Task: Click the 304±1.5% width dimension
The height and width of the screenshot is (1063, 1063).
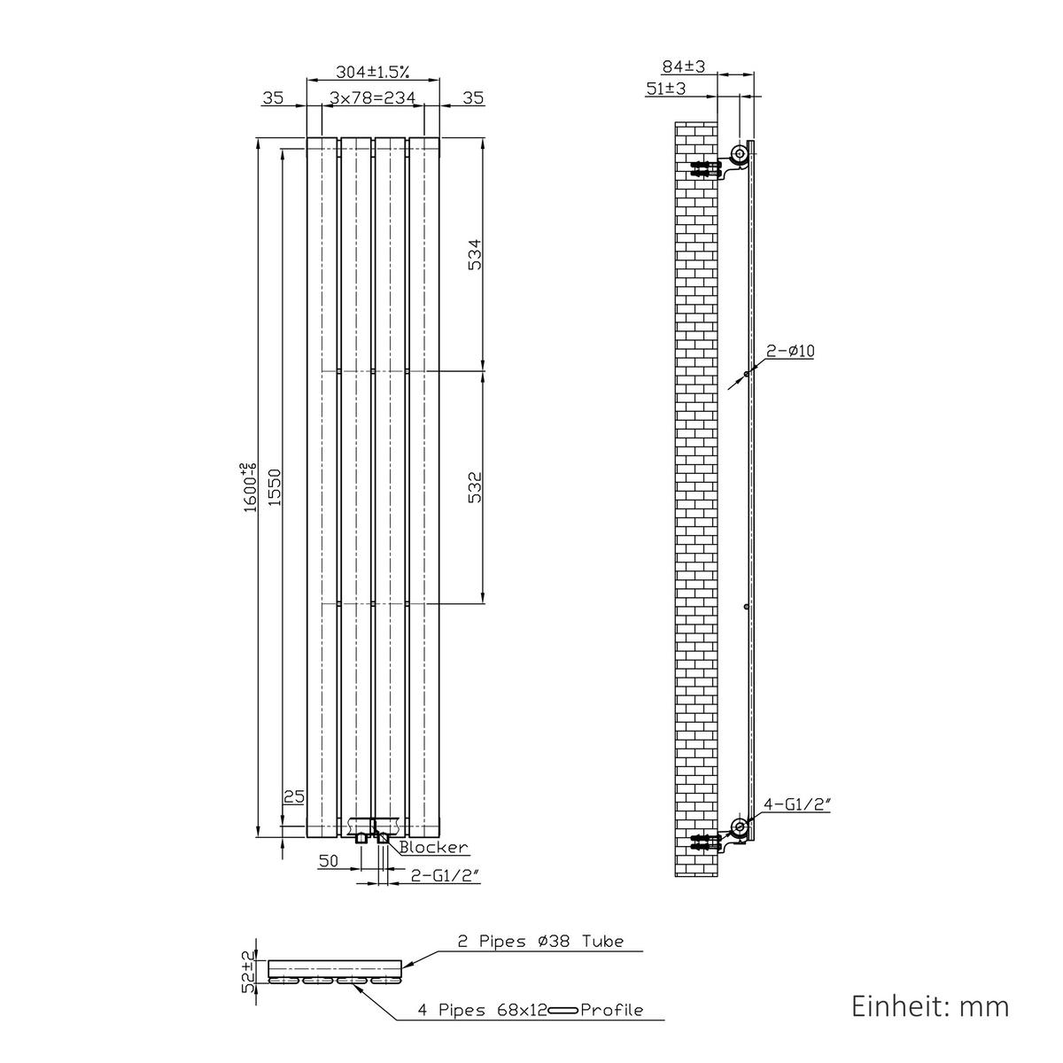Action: (373, 72)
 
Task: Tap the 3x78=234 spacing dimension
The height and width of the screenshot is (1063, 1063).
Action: (373, 97)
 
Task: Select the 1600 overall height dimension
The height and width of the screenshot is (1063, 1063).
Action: (251, 487)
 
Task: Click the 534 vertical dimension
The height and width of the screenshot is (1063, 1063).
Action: (475, 254)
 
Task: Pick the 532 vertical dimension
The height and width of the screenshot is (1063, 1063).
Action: (475, 487)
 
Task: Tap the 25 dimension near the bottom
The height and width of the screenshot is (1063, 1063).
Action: (294, 796)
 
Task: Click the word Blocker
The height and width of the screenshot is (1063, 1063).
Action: (433, 847)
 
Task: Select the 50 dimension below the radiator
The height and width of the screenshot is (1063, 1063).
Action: (329, 860)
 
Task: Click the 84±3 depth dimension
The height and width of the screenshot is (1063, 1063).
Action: (684, 66)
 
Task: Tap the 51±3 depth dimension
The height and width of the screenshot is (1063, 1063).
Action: (666, 89)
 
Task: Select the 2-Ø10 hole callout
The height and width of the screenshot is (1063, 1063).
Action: (790, 351)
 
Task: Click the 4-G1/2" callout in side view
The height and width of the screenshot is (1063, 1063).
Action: (796, 804)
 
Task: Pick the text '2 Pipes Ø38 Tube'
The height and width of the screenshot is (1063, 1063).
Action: (540, 941)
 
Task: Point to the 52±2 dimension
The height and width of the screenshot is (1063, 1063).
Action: (250, 971)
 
